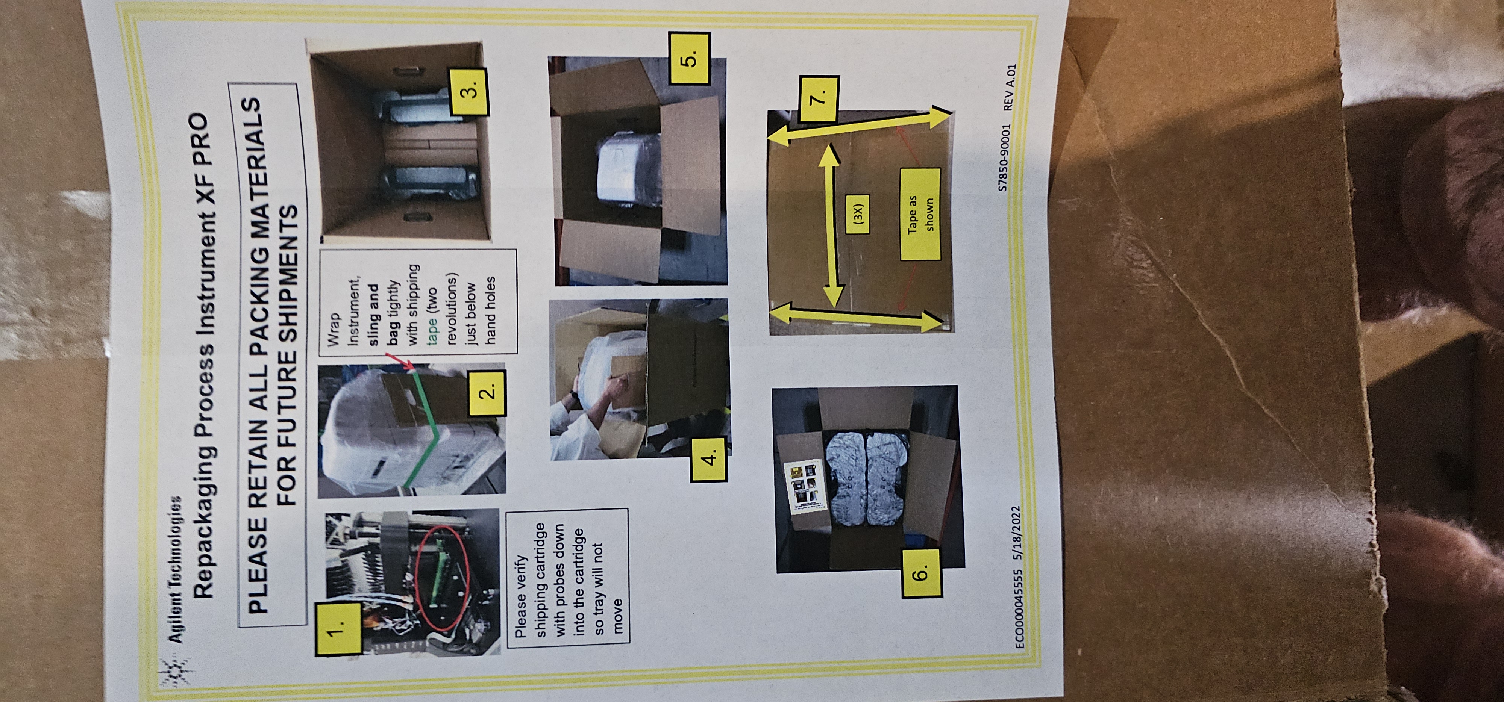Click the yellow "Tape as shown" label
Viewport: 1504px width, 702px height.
(920, 214)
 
